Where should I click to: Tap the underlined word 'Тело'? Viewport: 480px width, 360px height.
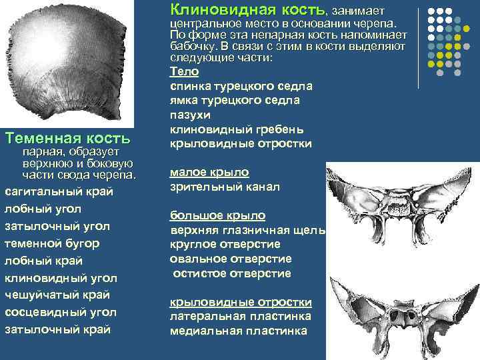(x=184, y=71)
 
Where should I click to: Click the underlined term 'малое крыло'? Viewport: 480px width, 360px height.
(x=209, y=172)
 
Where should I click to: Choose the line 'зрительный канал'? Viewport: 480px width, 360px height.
(x=225, y=187)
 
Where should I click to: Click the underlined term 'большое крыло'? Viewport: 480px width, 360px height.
(x=217, y=215)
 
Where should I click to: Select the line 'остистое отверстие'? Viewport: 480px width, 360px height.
(x=232, y=273)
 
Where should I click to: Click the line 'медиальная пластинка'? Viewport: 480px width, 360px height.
(x=238, y=331)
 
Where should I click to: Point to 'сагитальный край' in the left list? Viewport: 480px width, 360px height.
(x=59, y=191)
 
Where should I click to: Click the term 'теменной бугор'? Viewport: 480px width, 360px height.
(x=53, y=243)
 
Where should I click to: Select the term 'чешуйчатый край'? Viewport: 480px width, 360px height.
(x=57, y=295)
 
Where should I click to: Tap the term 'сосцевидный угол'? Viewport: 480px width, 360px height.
(x=60, y=312)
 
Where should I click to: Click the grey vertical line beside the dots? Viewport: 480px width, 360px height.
(x=418, y=48)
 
